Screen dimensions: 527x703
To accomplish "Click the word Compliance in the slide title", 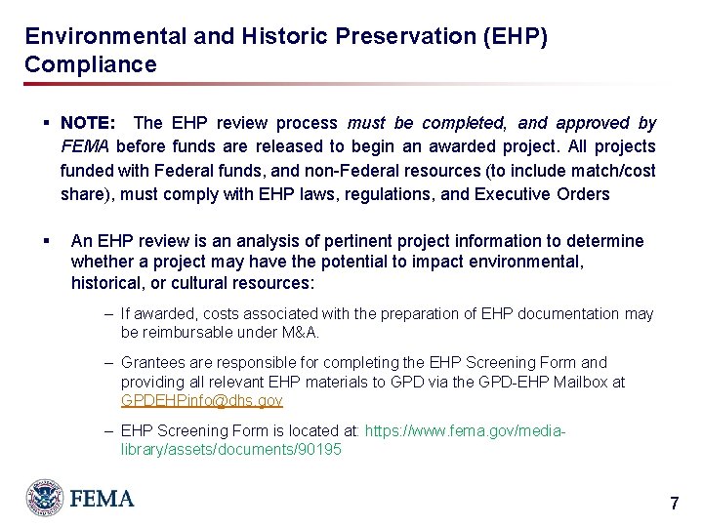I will coord(90,65).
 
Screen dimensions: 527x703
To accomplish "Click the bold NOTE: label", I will coord(88,124).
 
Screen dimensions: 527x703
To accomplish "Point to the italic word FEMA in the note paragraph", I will coord(83,147).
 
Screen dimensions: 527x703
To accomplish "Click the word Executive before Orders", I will coord(515,194).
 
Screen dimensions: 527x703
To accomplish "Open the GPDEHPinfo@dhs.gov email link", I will coord(202,401).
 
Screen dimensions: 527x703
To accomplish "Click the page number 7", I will coord(674,505).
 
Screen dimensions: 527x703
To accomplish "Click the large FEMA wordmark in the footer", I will coord(102,499).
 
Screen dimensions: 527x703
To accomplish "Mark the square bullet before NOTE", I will coord(46,124).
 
